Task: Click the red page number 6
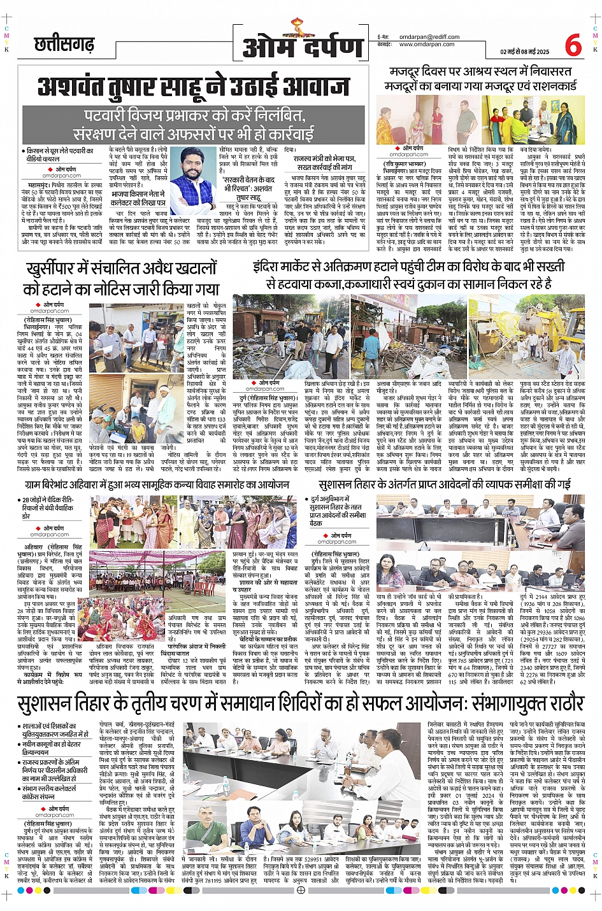pyautogui.click(x=573, y=46)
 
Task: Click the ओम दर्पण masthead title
pyautogui.click(x=303, y=48)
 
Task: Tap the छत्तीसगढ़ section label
pyautogui.click(x=64, y=45)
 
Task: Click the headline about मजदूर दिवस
pyautogui.click(x=480, y=78)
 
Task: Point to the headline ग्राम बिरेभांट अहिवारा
pyautogui.click(x=157, y=485)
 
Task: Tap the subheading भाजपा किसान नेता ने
pyautogui.click(x=138, y=198)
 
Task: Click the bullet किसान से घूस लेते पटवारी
pyautogui.click(x=60, y=154)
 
